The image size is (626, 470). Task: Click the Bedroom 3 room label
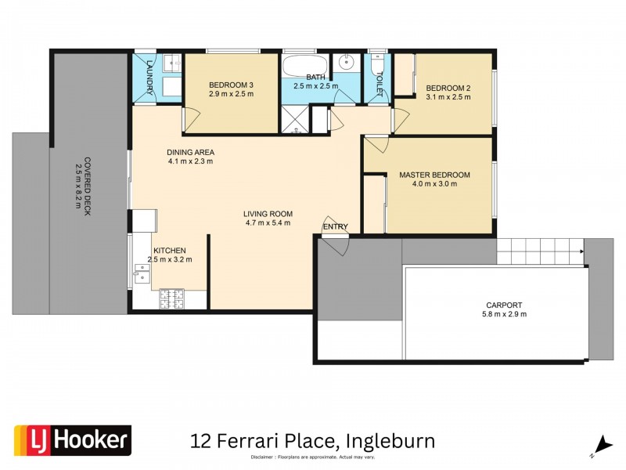pos(231,85)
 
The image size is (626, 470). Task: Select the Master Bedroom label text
pos(434,175)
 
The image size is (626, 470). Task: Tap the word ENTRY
pos(335,227)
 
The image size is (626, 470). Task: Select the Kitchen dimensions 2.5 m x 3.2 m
pos(168,259)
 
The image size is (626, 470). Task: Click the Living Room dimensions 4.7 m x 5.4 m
pos(268,222)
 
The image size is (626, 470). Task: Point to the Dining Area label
pos(190,152)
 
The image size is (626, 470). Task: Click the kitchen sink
pos(142,273)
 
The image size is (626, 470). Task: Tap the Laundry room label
pos(149,74)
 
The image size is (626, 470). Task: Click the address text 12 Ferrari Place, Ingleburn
pos(312,440)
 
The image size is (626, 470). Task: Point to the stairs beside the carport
pos(540,251)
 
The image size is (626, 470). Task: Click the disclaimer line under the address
pos(313,457)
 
